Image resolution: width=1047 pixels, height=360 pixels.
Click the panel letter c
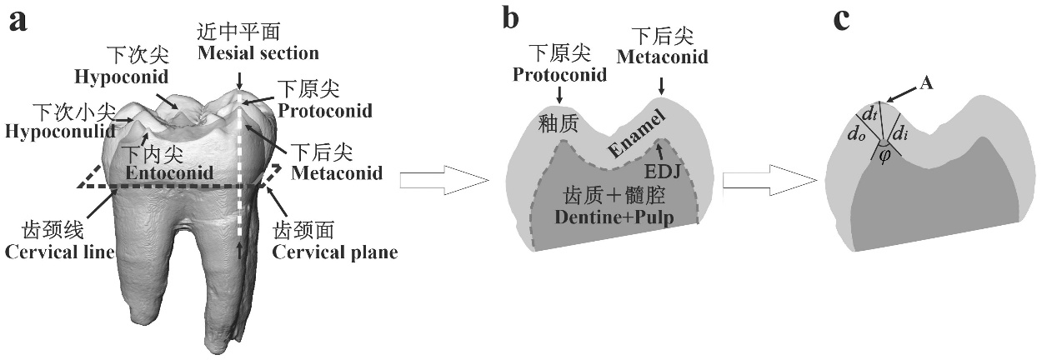pos(843,20)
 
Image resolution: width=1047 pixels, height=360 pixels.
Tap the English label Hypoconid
pos(122,77)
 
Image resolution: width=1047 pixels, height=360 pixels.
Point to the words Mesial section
pos(258,54)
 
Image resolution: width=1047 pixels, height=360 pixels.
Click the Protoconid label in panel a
pos(325,110)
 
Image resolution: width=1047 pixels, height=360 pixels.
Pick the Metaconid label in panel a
pos(337,173)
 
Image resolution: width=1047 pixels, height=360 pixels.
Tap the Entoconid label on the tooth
pos(169,173)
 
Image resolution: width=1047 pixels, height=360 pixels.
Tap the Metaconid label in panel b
pos(663,57)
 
